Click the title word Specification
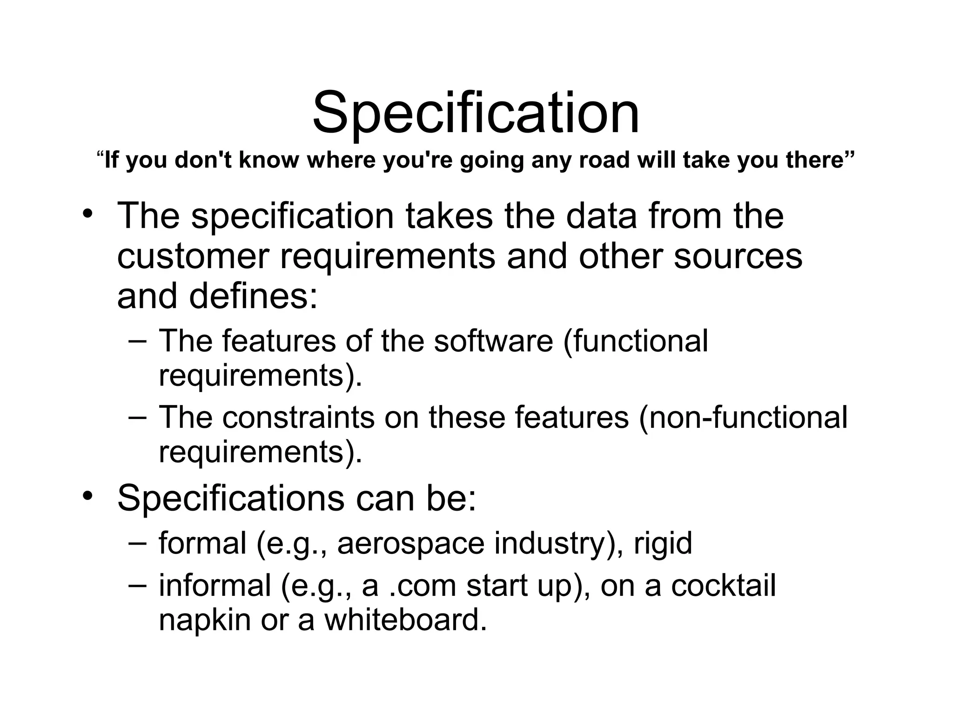click(x=476, y=113)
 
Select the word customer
click(x=193, y=256)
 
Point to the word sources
click(x=738, y=256)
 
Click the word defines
click(x=253, y=297)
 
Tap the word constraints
click(x=298, y=417)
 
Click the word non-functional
click(x=743, y=417)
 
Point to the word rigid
click(x=663, y=543)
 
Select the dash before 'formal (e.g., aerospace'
click(x=137, y=543)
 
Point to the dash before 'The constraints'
click(x=137, y=417)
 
